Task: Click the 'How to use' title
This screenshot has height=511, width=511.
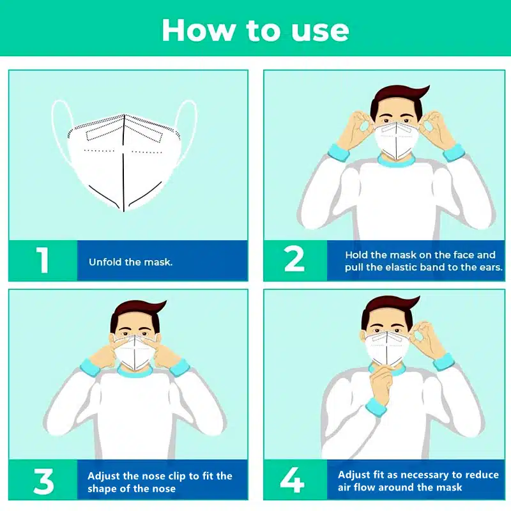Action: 255,30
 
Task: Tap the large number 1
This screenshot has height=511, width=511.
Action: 43,260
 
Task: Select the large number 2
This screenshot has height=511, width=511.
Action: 294,259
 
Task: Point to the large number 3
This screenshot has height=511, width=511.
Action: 43,481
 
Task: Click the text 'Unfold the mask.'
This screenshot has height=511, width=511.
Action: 131,262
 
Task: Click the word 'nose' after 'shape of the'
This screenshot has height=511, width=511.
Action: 164,489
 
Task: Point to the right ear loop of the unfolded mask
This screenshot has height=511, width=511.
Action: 189,130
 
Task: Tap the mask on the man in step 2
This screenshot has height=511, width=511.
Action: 397,139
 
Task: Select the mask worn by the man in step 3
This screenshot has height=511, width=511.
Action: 134,353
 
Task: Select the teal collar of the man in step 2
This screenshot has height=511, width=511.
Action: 396,162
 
